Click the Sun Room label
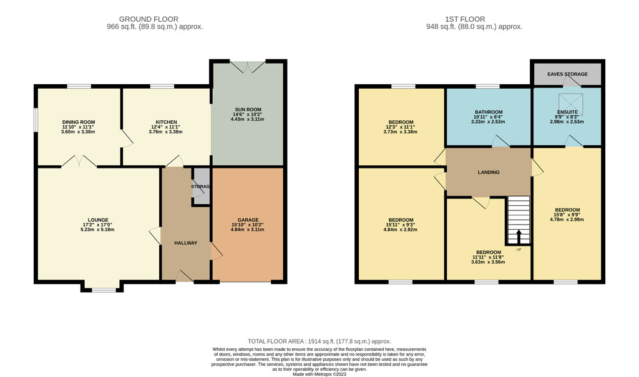(247, 110)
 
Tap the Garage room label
(248, 220)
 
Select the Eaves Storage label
(567, 74)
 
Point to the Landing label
(489, 172)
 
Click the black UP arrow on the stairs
(519, 237)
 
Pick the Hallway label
(186, 243)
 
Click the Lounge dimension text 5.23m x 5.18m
(97, 230)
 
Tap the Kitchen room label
(166, 122)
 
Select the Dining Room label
(79, 122)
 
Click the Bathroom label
(489, 112)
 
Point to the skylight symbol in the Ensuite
(570, 104)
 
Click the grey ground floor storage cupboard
(202, 186)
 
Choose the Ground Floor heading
(149, 19)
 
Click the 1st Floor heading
(465, 19)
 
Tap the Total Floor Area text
(319, 341)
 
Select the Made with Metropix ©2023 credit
(319, 374)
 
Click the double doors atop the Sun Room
(248, 66)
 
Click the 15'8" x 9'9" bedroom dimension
(567, 215)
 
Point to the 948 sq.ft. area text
(474, 27)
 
